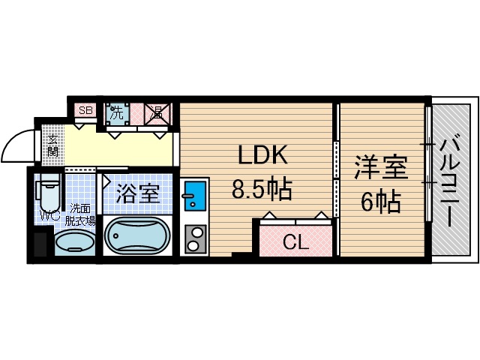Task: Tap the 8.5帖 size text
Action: pyautogui.click(x=262, y=190)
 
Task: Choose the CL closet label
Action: pyautogui.click(x=294, y=241)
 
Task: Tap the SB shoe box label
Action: pyautogui.click(x=85, y=111)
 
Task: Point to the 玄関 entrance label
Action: pyautogui.click(x=52, y=146)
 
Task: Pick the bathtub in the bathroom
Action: pyautogui.click(x=138, y=237)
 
